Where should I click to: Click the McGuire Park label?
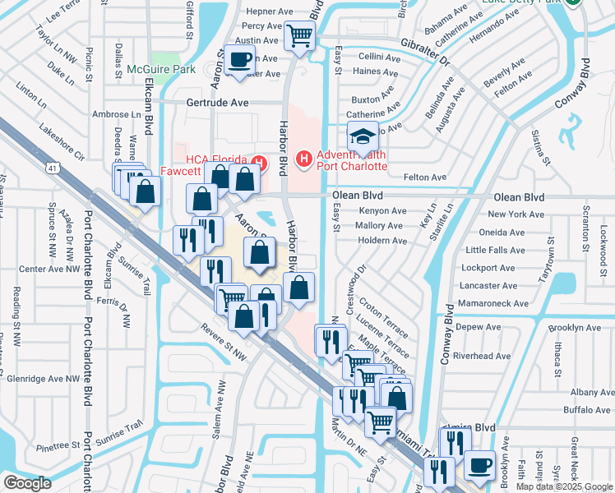(x=161, y=70)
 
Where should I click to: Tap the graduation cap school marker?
(x=362, y=136)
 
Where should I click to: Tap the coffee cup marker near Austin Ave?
(x=240, y=61)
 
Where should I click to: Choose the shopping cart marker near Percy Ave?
(x=299, y=35)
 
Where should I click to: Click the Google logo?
(x=26, y=483)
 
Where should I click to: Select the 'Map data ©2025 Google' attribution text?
(x=564, y=486)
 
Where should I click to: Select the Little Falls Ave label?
(x=495, y=250)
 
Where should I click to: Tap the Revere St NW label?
(x=223, y=340)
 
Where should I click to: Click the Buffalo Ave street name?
(x=587, y=409)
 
